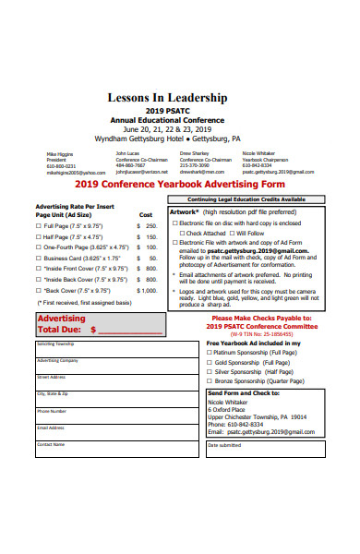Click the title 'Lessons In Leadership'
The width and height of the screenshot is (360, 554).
(x=179, y=96)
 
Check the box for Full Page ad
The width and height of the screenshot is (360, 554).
(x=39, y=224)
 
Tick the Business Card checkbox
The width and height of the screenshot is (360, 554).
(x=39, y=259)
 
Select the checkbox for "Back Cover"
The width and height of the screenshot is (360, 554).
(x=39, y=290)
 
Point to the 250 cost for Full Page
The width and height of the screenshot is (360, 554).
(x=150, y=224)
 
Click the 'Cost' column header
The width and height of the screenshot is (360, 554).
(x=146, y=213)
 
